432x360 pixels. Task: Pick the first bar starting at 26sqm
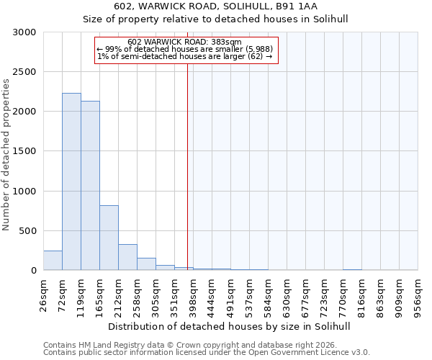click(x=53, y=261)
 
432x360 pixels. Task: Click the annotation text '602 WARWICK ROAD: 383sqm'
click(x=184, y=42)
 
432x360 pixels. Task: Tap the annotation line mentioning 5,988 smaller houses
click(x=184, y=49)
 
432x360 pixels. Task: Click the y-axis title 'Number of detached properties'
click(x=6, y=156)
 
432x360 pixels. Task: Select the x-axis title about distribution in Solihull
click(x=230, y=326)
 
